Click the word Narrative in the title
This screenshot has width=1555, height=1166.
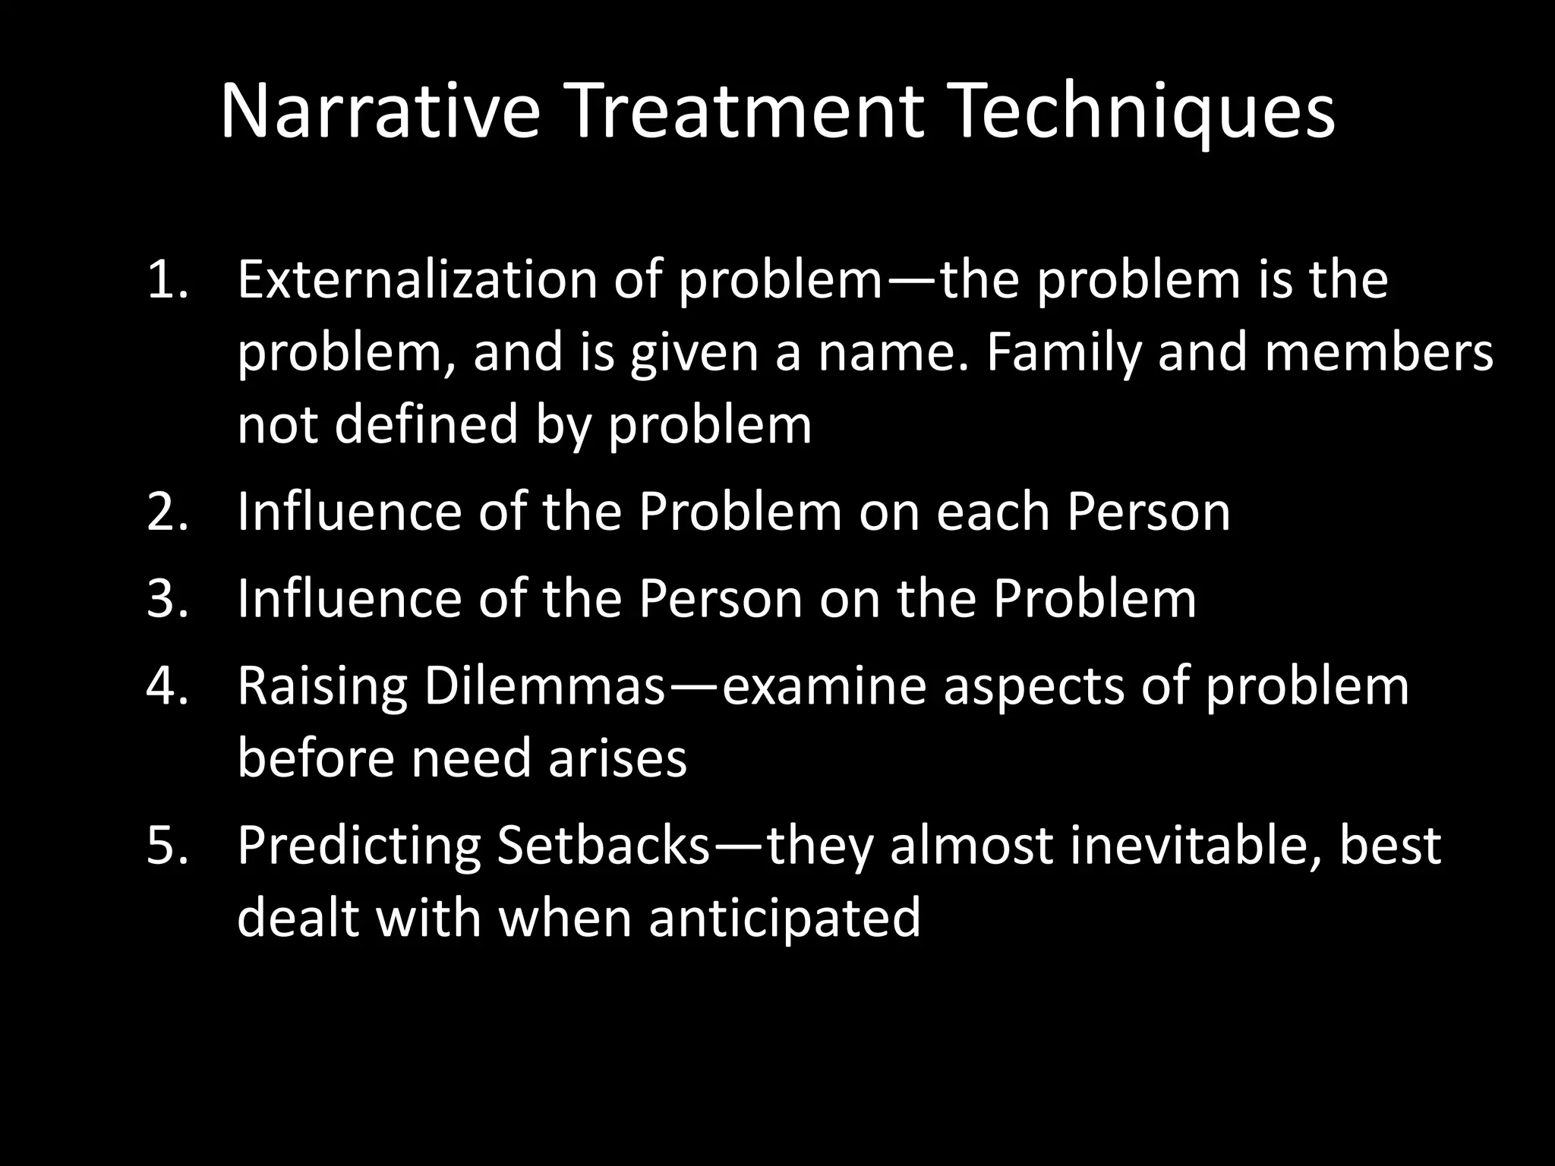pos(380,112)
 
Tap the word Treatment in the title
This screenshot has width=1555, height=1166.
pos(746,112)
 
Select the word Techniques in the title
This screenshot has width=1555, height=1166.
pos(1142,112)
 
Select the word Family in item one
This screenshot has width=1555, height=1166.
pos(1063,354)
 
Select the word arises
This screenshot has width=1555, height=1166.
pos(617,758)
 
